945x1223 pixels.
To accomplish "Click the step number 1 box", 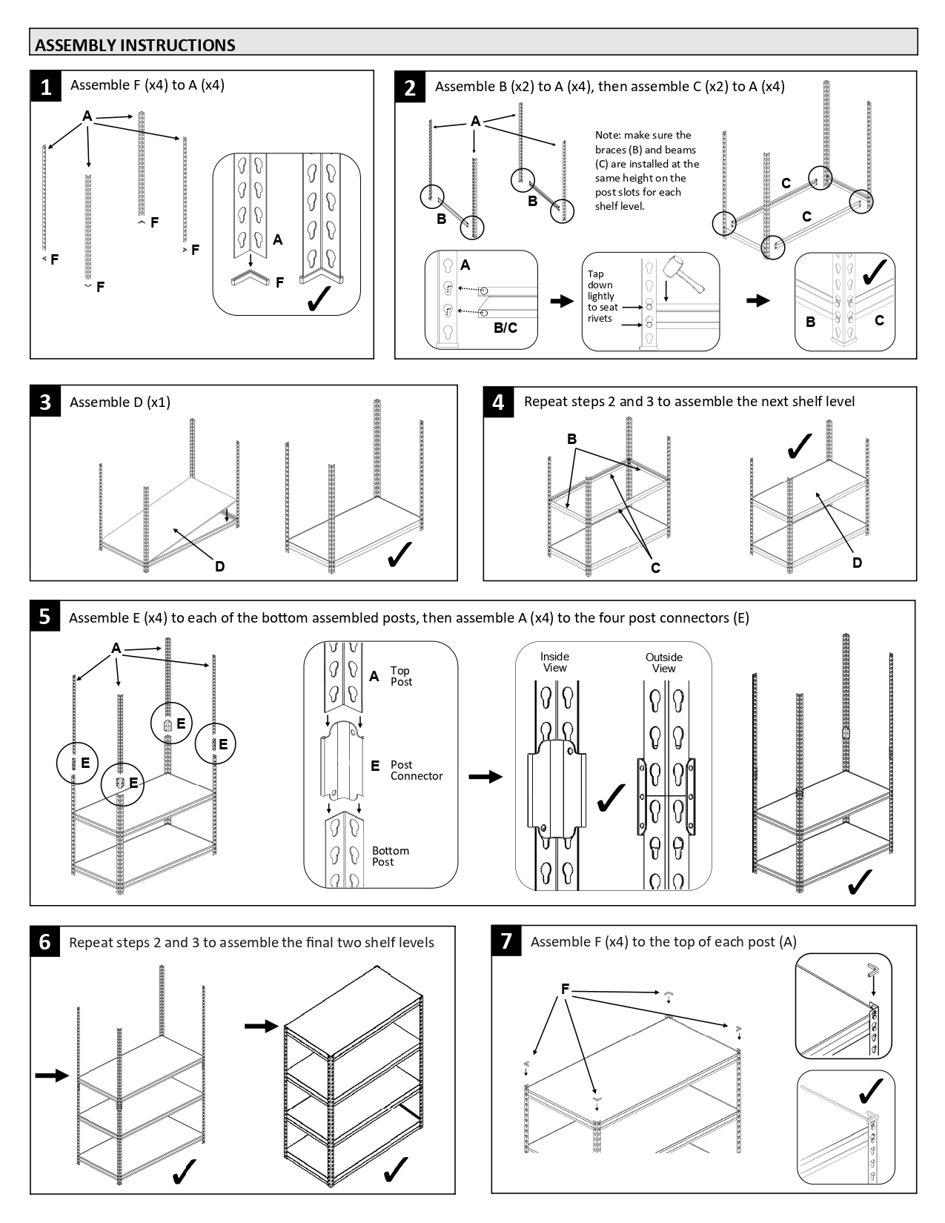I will (46, 87).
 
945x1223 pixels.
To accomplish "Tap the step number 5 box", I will (45, 617).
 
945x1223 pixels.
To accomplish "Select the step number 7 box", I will (507, 941).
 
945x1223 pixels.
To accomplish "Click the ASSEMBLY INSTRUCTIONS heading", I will (135, 45).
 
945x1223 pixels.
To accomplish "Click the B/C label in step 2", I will (505, 328).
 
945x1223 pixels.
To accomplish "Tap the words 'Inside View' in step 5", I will (554, 662).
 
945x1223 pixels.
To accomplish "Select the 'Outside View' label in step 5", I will (663, 663).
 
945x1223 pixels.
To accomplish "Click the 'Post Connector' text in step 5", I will (416, 770).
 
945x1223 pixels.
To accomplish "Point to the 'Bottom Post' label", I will (391, 856).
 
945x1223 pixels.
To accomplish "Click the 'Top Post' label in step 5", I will (400, 676).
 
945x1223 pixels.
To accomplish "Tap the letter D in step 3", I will (220, 567).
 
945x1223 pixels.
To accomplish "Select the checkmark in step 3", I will (399, 554).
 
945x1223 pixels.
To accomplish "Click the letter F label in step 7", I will (565, 989).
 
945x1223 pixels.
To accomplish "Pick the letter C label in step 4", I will (655, 568).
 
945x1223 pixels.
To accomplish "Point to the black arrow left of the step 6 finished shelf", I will (261, 1026).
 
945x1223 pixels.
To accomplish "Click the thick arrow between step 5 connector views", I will (485, 776).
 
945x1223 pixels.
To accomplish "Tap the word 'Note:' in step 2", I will (609, 135).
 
